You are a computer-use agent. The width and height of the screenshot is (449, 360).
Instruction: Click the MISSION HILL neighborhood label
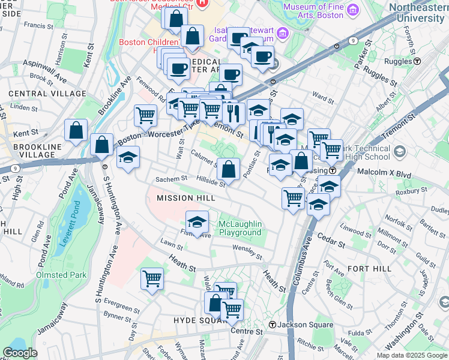(x=185, y=198)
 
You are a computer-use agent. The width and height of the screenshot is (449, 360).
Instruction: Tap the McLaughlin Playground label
(x=240, y=228)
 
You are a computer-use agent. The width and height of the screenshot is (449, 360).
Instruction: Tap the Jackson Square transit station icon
(x=273, y=325)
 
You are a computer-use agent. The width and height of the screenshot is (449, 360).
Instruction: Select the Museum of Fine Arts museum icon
(x=352, y=10)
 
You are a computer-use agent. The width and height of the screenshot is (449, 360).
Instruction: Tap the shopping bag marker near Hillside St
(x=229, y=170)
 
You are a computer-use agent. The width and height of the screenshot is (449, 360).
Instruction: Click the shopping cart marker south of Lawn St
(x=152, y=278)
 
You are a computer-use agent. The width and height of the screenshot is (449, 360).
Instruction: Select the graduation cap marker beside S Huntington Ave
(x=127, y=158)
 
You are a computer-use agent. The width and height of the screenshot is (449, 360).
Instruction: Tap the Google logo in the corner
(x=20, y=353)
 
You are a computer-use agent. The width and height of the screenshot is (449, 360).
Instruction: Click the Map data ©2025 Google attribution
(x=412, y=355)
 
